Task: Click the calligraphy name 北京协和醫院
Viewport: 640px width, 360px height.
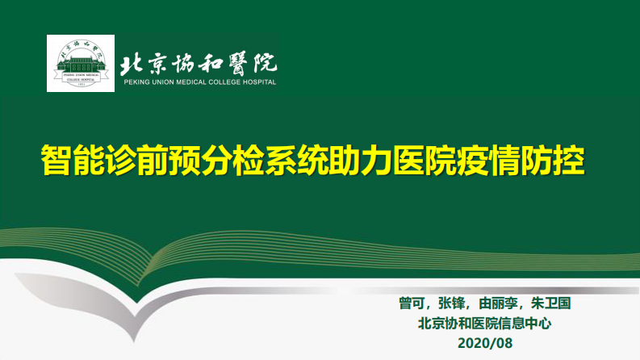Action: click(x=198, y=62)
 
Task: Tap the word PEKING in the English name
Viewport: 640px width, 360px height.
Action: click(x=135, y=82)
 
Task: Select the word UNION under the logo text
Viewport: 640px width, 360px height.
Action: click(x=161, y=82)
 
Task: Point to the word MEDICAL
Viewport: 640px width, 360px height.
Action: click(x=191, y=82)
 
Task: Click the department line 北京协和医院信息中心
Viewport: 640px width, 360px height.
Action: click(x=484, y=323)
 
